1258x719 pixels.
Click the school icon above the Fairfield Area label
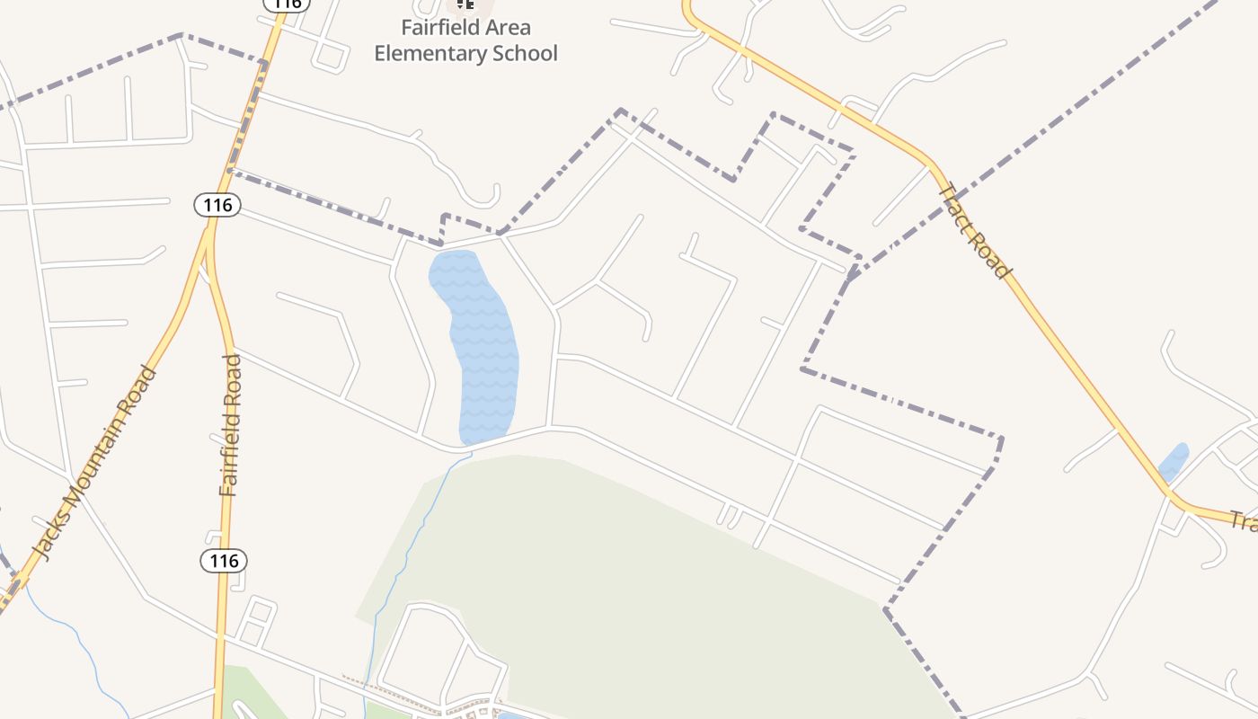click(465, 4)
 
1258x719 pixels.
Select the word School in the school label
click(524, 54)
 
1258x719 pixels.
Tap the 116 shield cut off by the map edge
click(287, 4)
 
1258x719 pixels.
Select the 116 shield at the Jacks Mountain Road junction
click(217, 205)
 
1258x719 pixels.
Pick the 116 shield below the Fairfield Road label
click(223, 561)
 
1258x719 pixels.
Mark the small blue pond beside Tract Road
click(1174, 461)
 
